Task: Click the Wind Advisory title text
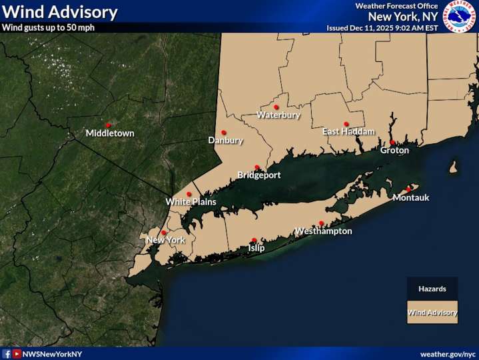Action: (x=60, y=12)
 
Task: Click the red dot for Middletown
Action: (x=108, y=125)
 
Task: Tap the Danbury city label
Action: (x=225, y=141)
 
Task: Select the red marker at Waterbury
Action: (x=276, y=107)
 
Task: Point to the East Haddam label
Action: (x=348, y=132)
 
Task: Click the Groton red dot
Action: (x=392, y=142)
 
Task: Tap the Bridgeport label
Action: (x=259, y=175)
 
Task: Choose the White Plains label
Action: (x=191, y=202)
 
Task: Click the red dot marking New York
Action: (x=164, y=233)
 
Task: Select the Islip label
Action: (x=256, y=248)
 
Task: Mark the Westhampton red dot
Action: (x=321, y=223)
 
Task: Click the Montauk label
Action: (x=411, y=198)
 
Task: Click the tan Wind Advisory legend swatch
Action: (x=432, y=312)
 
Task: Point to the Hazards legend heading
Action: (x=432, y=289)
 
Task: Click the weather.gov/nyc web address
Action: (x=448, y=353)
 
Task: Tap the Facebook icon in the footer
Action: (x=6, y=353)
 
